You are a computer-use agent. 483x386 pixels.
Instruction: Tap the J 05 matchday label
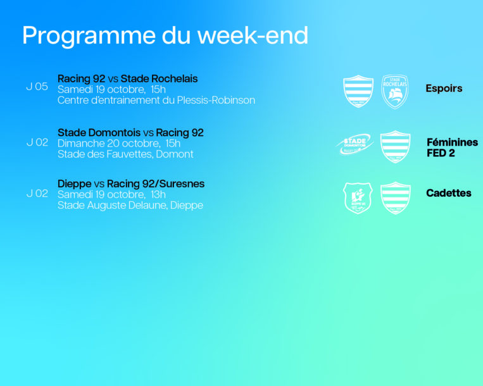37,87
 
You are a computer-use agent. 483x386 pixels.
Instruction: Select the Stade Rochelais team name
159,79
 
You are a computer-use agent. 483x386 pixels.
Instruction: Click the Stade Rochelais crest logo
395,92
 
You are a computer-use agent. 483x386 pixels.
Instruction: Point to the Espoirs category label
444,89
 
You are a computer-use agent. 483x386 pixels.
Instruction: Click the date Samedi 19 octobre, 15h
111,90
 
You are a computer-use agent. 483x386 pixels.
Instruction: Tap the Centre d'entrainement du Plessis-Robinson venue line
156,101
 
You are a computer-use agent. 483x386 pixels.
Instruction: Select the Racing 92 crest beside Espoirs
358,91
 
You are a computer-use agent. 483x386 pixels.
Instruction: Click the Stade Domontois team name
99,133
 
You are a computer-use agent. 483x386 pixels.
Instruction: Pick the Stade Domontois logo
354,144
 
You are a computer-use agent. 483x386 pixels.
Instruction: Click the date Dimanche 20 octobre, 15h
119,144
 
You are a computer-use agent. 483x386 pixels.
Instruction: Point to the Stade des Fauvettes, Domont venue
125,154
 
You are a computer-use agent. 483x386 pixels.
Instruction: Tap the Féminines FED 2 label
452,147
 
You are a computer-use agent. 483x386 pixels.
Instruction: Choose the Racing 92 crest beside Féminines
395,147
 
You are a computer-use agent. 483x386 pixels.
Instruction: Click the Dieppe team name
75,184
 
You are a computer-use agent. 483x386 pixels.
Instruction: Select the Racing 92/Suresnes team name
156,184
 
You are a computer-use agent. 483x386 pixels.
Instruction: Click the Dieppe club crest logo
358,198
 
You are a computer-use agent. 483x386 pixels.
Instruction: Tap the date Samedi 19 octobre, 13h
111,194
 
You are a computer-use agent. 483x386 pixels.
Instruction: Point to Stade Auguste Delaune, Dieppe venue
130,205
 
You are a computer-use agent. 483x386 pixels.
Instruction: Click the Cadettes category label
448,193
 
